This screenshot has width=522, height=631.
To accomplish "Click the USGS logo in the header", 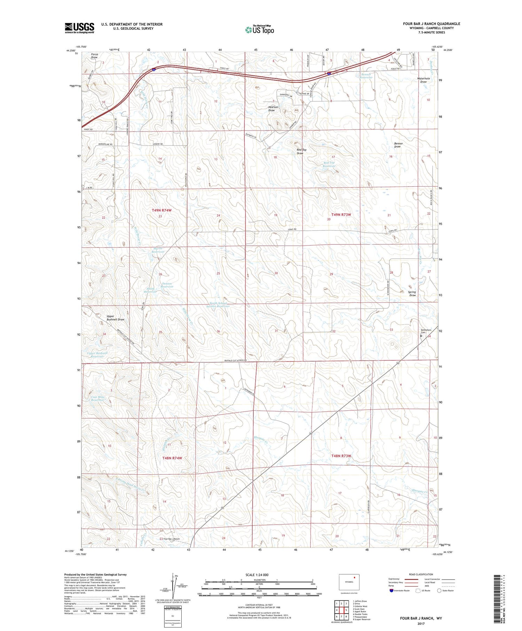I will [79, 28].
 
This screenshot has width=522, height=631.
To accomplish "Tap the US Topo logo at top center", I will [259, 30].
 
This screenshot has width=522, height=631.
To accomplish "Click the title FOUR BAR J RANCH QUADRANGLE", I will [432, 24].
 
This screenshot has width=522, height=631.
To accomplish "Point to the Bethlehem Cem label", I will [426, 331].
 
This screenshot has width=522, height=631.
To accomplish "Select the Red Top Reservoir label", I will [329, 164].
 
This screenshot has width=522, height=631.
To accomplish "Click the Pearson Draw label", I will [273, 109].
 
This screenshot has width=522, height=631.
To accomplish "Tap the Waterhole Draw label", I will [424, 80].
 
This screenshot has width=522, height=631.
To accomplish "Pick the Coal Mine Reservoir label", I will [98, 399].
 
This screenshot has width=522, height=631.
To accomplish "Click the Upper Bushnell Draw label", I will [115, 318].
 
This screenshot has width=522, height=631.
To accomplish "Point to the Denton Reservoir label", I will [167, 285].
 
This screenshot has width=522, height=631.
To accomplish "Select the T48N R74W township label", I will [172, 458].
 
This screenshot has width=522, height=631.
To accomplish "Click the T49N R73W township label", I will [341, 215].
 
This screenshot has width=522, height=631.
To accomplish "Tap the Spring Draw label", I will [412, 294].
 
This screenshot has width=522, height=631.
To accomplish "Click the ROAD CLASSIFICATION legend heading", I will [421, 574].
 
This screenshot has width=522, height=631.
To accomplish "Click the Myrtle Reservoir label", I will [158, 250].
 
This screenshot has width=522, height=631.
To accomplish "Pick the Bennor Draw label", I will [398, 145].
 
